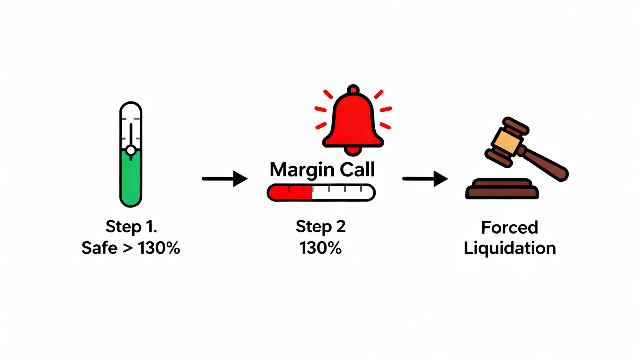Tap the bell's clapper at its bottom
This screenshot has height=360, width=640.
point(353,150)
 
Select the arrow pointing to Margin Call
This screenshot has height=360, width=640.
point(225,179)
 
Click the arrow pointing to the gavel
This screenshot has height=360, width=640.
point(425,179)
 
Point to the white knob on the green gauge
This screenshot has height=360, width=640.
point(131,150)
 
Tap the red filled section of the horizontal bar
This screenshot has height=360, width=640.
point(290,193)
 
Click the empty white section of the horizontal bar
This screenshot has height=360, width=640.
point(342,193)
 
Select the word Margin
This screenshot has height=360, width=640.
point(302,170)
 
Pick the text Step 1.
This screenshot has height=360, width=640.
point(131,227)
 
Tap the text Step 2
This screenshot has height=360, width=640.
point(320,227)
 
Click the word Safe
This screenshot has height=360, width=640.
point(99,248)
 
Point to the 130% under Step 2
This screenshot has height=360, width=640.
point(320,248)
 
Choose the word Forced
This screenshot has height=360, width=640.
point(509,227)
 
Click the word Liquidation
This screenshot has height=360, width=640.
point(510,249)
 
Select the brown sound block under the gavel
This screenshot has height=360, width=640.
point(502,190)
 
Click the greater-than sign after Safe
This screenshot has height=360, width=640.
point(128,249)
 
